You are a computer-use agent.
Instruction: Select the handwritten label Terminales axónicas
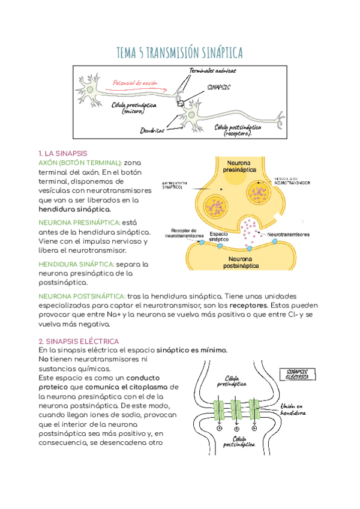212,71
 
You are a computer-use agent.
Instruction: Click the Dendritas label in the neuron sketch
152,128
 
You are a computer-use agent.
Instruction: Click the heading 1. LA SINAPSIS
62,154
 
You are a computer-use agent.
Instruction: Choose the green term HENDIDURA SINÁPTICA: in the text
76,264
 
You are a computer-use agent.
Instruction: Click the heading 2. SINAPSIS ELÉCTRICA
78,340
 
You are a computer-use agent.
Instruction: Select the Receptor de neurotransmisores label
187,232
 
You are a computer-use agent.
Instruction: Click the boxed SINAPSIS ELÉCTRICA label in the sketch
298,374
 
